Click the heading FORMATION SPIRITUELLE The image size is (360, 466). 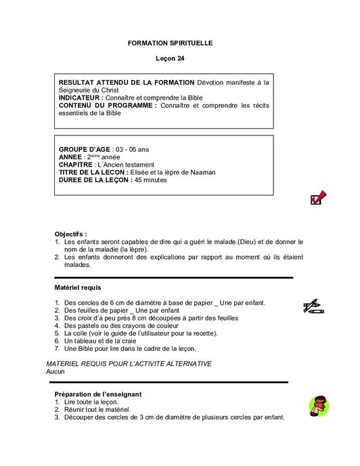click(x=170, y=43)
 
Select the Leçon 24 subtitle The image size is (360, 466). click(x=170, y=60)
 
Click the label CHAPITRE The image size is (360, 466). click(x=76, y=165)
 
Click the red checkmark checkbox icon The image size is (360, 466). click(x=317, y=198)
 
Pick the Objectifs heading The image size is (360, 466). click(x=70, y=234)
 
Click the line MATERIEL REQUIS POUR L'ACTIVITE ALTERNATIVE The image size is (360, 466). click(x=129, y=364)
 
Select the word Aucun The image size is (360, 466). click(x=56, y=372)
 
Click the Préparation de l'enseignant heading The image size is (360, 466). click(x=107, y=394)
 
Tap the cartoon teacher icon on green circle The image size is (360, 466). click(x=318, y=406)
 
